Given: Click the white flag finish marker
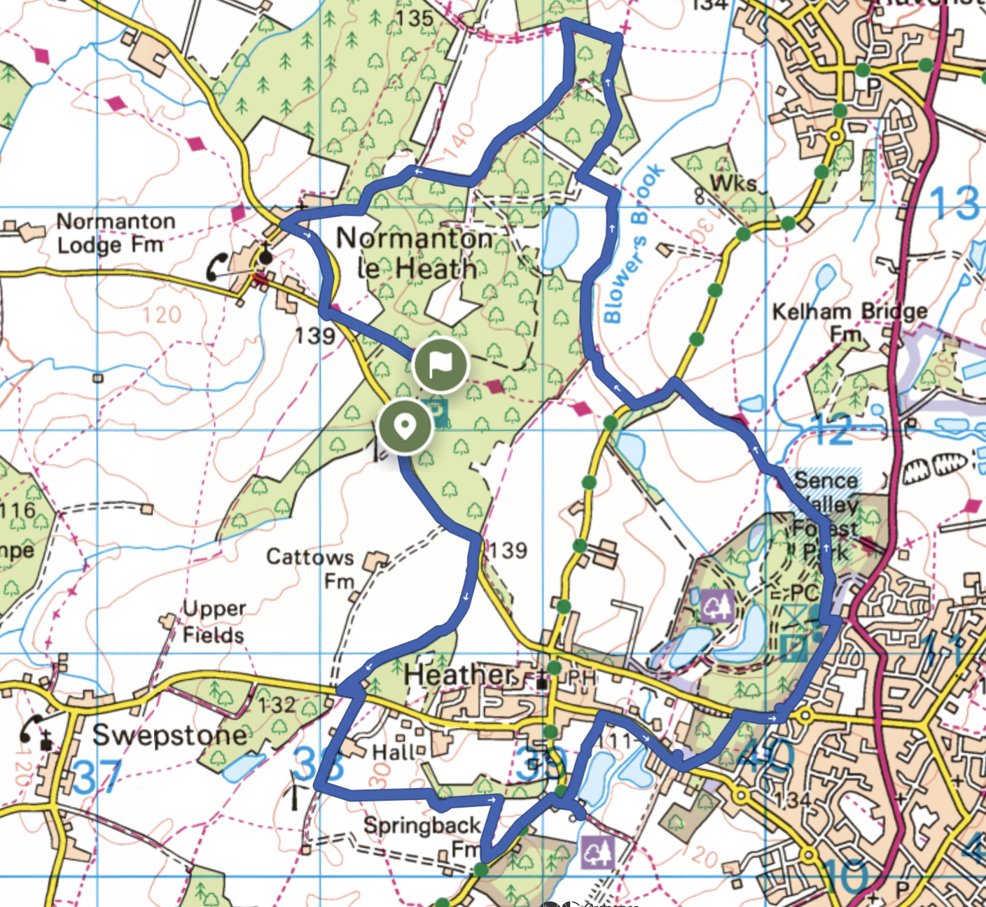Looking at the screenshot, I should tap(440, 364).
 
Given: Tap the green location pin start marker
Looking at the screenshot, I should tap(404, 426).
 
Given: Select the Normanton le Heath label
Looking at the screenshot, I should tap(415, 253).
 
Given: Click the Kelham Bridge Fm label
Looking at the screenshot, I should tap(849, 321).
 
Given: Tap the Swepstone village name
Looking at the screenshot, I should tap(169, 736).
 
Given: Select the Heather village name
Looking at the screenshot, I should tap(459, 675).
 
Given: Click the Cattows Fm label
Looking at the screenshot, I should tap(311, 568).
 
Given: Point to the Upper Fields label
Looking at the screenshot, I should tap(214, 622).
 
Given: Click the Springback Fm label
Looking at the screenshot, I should tap(422, 836).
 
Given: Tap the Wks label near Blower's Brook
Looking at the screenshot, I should tap(733, 183).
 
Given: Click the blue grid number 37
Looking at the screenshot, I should tap(97, 777).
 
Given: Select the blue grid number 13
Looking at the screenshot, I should tap(954, 203).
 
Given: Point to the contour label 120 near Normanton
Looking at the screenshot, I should tap(162, 315).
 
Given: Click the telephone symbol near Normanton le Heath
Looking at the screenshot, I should tap(216, 267).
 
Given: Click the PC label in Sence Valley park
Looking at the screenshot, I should tap(805, 593).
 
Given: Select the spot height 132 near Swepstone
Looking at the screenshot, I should tap(276, 704).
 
